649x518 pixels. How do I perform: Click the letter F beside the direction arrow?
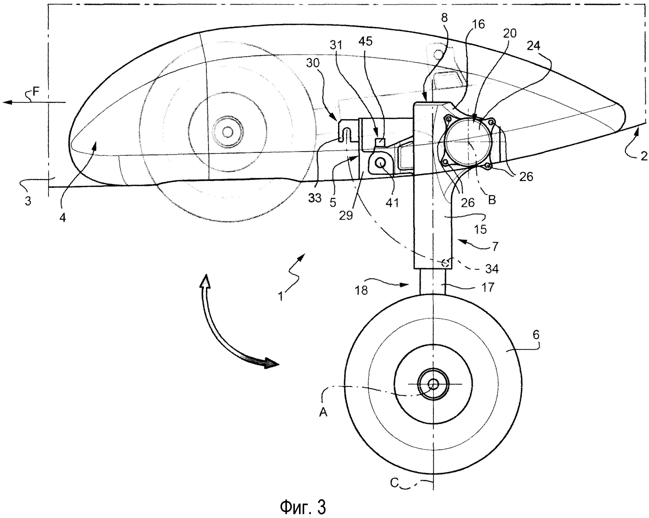36,91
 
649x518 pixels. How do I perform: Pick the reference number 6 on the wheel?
536,335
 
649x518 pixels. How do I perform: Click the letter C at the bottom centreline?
395,483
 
